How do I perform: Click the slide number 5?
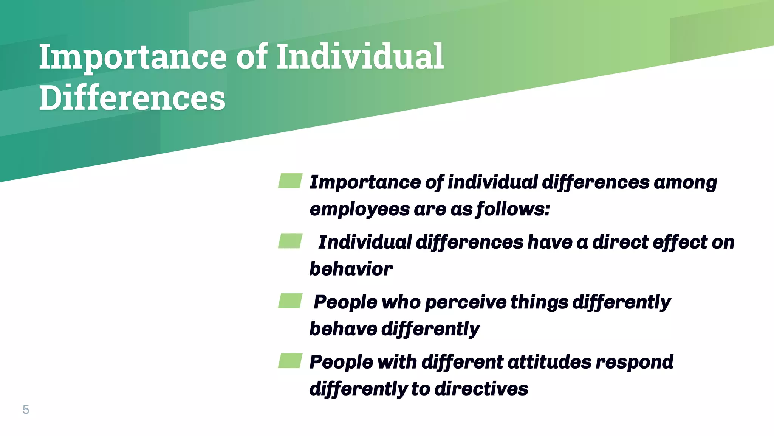coord(26,410)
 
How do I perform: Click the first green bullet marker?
coord(290,181)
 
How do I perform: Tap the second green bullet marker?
coord(290,241)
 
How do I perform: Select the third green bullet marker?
coord(290,301)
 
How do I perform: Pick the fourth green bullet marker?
coord(290,361)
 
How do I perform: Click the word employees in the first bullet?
coord(359,209)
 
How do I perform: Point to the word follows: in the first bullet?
coord(513,209)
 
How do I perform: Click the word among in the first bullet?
coord(685,182)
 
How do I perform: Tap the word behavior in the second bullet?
coord(351,269)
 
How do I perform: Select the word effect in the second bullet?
coord(680,242)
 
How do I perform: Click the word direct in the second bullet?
coord(620,242)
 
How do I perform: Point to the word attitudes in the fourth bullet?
coord(549,362)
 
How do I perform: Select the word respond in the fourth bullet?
coord(635,362)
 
